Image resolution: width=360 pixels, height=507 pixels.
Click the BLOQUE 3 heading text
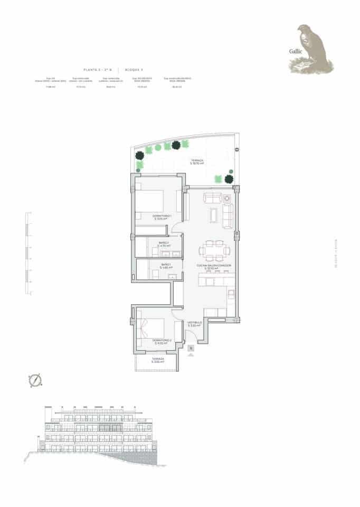click(x=132, y=70)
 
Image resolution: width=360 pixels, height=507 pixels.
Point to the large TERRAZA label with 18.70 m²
click(x=197, y=162)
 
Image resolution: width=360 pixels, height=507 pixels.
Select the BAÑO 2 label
click(x=165, y=245)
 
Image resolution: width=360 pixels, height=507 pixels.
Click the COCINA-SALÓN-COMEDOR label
click(x=214, y=267)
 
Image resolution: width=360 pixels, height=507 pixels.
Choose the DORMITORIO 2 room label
click(x=159, y=341)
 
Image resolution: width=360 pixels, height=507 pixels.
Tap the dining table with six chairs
click(x=214, y=251)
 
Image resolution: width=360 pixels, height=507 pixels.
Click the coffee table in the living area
click(x=213, y=214)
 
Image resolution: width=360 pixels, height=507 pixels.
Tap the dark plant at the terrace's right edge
click(x=230, y=179)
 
